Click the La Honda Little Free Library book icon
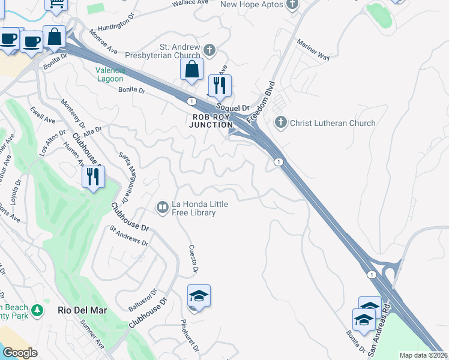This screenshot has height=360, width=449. coord(162,208)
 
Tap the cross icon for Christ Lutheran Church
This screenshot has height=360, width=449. coord(280,123)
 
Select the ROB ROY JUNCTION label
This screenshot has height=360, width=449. coord(211,121)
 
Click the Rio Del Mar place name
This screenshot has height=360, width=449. coord(82,310)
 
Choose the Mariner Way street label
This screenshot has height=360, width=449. coord(315,50)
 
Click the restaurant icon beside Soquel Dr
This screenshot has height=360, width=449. coord(220,85)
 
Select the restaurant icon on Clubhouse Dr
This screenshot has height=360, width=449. coord(93,176)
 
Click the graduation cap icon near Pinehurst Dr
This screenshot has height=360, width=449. coord(199,296)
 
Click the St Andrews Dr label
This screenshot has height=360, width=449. coord(128,235)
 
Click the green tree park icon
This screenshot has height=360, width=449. coord(37,310)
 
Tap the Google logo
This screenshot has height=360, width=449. coord(19,353)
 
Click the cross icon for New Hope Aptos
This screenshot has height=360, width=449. coord(292,5)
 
